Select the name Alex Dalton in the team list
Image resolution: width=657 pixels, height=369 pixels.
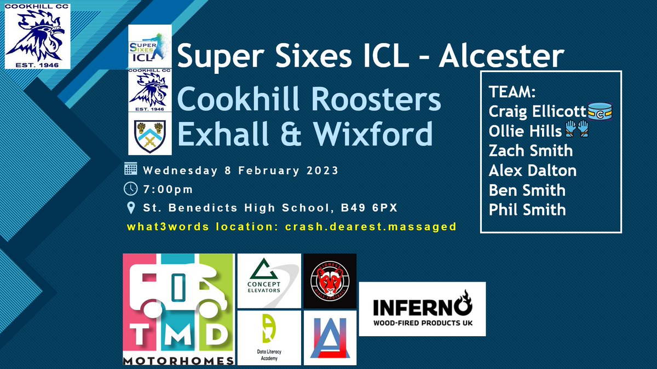[532, 171]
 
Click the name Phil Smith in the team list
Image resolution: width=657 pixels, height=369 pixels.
[527, 209]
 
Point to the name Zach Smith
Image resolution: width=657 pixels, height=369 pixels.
[531, 151]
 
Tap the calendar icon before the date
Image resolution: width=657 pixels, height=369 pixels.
[131, 169]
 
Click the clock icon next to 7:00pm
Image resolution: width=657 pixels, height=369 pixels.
[131, 189]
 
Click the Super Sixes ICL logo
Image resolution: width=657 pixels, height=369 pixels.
[149, 46]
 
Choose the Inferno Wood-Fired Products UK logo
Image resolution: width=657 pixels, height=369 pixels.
[422, 309]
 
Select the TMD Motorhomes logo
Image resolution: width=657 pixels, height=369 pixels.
[178, 309]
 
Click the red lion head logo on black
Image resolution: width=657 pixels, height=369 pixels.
[330, 280]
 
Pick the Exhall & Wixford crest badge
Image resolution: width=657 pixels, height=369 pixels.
[149, 133]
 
